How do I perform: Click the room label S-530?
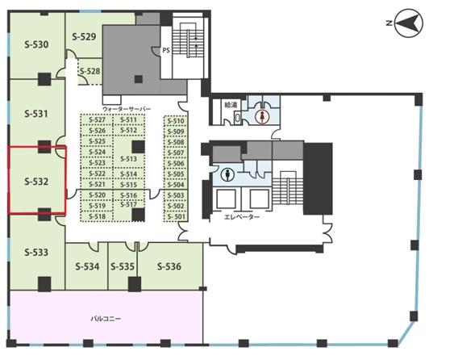click(x=36, y=44)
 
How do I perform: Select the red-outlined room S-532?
click(x=37, y=180)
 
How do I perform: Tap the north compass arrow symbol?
click(x=409, y=23)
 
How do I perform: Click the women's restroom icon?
click(x=262, y=116)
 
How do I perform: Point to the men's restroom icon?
click(x=227, y=175)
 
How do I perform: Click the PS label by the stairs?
click(x=166, y=50)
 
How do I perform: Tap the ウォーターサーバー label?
click(x=127, y=109)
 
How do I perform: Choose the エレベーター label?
click(x=242, y=217)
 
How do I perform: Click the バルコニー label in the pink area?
click(x=106, y=319)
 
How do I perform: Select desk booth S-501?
click(x=176, y=217)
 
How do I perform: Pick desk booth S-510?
click(x=176, y=121)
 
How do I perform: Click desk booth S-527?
click(x=97, y=120)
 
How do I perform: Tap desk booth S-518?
click(x=97, y=216)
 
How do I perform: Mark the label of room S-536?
click(x=169, y=266)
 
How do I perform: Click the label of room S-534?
click(x=87, y=266)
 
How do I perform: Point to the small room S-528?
click(x=90, y=71)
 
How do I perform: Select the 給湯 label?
click(x=231, y=105)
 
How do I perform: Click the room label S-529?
click(x=84, y=37)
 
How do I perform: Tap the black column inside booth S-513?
click(x=139, y=147)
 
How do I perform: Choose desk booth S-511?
click(x=128, y=120)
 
